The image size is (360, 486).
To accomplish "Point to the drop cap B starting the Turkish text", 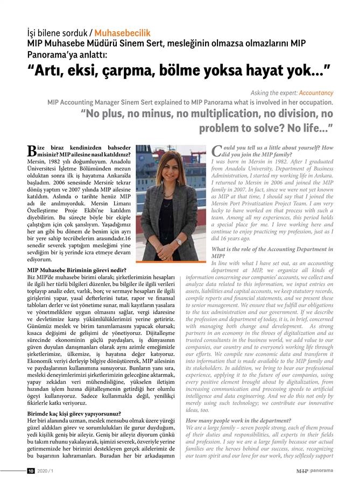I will point(32,151).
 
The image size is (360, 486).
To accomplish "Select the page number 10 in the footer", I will point(31,471).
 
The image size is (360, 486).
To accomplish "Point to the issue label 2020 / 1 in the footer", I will point(45,471).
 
